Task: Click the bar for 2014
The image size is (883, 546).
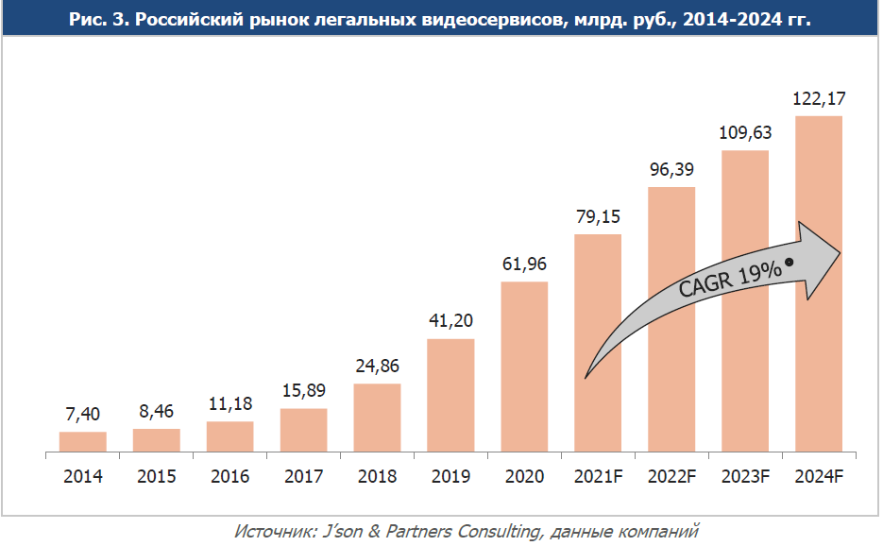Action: [x=82, y=442]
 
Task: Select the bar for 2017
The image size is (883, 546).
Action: [x=303, y=431]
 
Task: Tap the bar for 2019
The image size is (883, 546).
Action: [x=450, y=395]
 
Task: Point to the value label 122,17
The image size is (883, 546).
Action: [x=819, y=98]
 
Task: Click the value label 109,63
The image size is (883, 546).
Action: [x=745, y=133]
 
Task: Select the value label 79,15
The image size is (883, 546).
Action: [x=598, y=216]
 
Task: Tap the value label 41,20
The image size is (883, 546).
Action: [x=450, y=321]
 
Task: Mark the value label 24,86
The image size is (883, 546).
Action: [x=377, y=366]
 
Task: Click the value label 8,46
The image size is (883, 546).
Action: [x=156, y=411]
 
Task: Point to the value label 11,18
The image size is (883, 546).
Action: [x=229, y=403]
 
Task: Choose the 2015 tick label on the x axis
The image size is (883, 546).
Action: [x=156, y=476]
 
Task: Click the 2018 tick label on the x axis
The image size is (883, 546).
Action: [x=377, y=476]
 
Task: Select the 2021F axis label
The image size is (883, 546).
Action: [x=598, y=476]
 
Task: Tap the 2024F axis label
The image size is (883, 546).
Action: [x=819, y=476]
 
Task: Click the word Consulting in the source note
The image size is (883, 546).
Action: [x=502, y=531]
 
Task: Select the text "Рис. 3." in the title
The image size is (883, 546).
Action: [x=100, y=18]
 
